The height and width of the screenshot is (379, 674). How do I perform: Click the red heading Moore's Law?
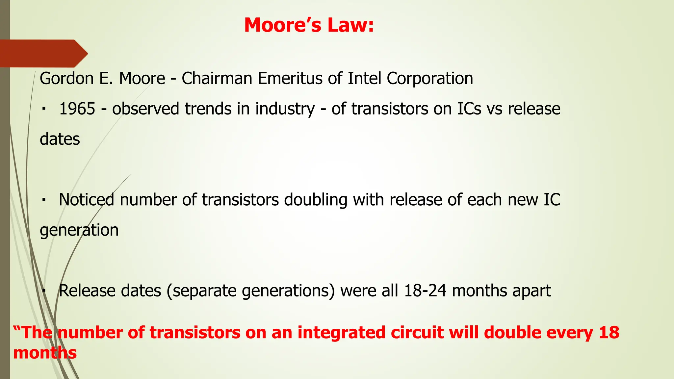click(309, 25)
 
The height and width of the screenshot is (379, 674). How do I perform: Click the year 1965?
click(77, 109)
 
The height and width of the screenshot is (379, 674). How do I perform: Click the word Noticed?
click(87, 200)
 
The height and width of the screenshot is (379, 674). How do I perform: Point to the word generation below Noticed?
click(79, 230)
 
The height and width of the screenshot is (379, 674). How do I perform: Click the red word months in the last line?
click(45, 353)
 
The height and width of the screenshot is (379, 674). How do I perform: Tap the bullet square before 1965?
click(44, 109)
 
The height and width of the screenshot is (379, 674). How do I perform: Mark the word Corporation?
click(429, 79)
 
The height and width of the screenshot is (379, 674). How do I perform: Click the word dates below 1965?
click(60, 139)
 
